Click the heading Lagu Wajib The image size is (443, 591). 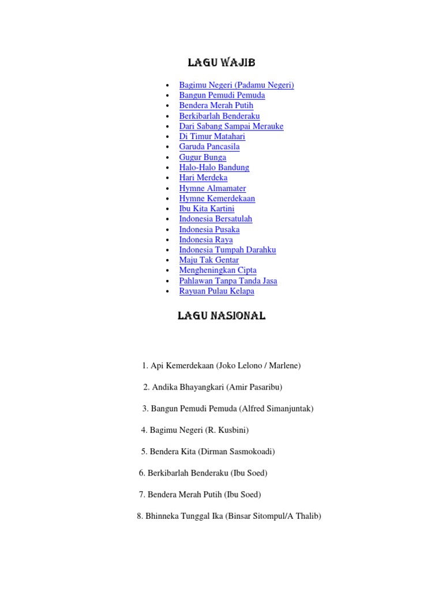click(x=221, y=63)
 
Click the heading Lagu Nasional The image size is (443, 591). click(x=221, y=316)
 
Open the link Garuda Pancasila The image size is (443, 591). click(x=209, y=147)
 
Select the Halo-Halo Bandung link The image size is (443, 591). click(x=214, y=167)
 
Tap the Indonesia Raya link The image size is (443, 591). click(x=206, y=240)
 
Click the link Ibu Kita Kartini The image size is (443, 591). click(x=207, y=208)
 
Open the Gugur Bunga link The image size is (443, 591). click(x=202, y=157)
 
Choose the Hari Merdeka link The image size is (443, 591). click(x=203, y=178)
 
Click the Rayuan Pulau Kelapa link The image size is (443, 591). click(x=216, y=291)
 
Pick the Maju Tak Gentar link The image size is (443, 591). click(x=209, y=260)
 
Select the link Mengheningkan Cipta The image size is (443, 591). click(x=217, y=270)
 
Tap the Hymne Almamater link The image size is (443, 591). click(x=212, y=188)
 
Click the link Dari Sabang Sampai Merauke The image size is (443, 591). click(x=231, y=126)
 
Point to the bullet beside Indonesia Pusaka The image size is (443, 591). click(x=167, y=230)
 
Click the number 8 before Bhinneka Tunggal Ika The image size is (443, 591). click(x=140, y=516)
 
